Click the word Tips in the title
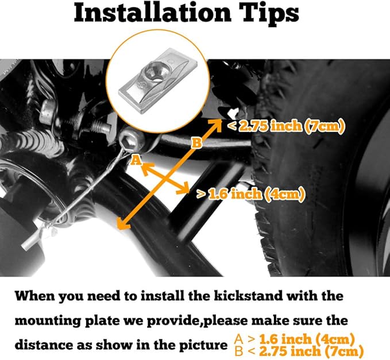pos(271,14)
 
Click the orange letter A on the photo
pos(136,160)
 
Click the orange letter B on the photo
pos(197,144)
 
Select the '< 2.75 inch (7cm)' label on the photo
pos(286,126)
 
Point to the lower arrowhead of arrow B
pos(121,224)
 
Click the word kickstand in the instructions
pos(248,296)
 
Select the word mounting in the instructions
pos(48,321)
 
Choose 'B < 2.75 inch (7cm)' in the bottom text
pos(299,351)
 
